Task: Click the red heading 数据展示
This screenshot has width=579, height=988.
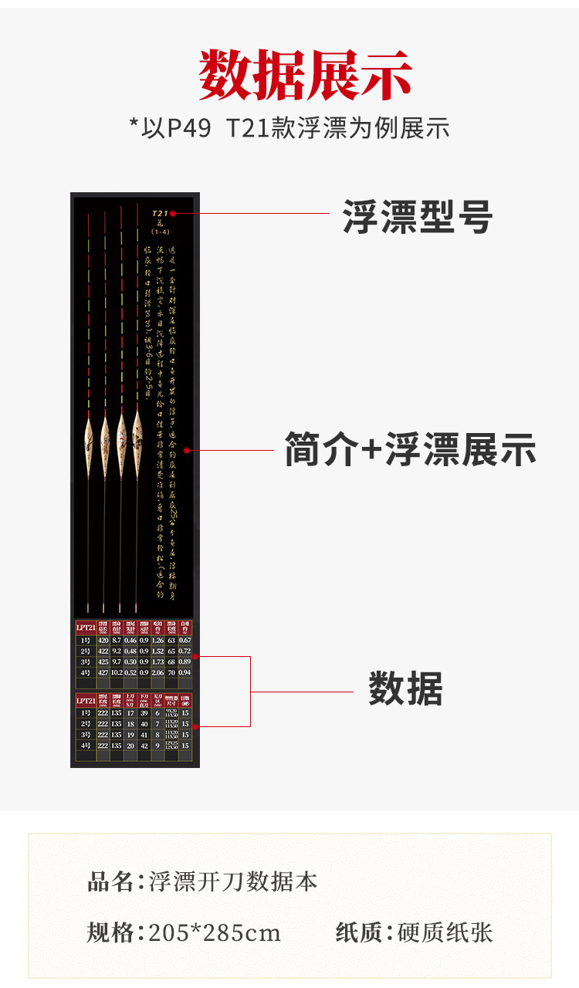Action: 306,75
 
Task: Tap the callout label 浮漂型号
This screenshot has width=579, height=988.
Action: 418,218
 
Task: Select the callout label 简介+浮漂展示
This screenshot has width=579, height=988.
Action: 410,450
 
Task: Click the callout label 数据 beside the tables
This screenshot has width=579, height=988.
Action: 405,689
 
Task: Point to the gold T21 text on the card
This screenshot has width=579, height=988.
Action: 159,212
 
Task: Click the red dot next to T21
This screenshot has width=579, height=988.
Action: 173,213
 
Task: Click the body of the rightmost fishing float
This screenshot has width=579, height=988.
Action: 137,435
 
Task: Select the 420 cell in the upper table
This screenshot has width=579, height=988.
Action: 103,641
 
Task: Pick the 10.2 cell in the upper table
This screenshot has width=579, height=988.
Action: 117,672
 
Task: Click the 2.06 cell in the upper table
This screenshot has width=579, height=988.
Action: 157,672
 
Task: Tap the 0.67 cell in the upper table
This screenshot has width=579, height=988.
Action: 185,641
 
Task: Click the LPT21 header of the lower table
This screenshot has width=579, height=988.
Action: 85,701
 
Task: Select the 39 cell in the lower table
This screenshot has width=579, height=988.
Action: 144,714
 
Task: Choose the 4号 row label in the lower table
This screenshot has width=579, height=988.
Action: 85,746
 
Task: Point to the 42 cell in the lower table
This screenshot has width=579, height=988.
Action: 144,746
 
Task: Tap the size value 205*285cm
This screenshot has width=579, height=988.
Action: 215,933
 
